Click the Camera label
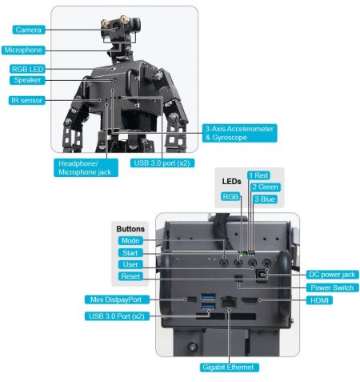click(x=29, y=30)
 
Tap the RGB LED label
click(x=28, y=69)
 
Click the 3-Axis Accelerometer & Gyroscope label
click(x=239, y=133)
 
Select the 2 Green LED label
click(x=265, y=187)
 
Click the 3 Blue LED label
click(x=263, y=197)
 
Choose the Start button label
click(x=129, y=252)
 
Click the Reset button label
click(x=129, y=275)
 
